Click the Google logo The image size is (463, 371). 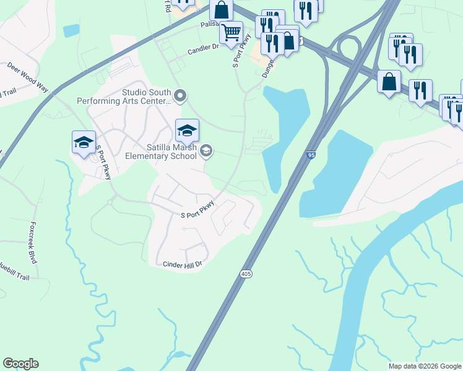click(20, 364)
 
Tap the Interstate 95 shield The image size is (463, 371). click(311, 156)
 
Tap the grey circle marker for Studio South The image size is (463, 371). click(180, 95)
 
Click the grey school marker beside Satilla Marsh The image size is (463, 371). click(206, 150)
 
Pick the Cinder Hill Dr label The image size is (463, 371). click(183, 265)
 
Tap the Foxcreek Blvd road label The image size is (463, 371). click(32, 243)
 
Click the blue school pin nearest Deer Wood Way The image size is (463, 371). click(84, 143)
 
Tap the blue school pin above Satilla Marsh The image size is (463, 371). click(187, 130)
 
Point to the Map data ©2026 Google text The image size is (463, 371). click(424, 366)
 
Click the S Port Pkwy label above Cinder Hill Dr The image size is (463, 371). click(197, 210)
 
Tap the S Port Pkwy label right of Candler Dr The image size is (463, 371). click(241, 55)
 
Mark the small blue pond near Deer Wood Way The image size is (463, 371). click(71, 30)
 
